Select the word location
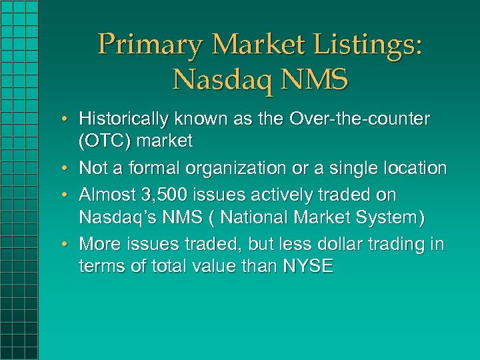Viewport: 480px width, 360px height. pyautogui.click(x=416, y=168)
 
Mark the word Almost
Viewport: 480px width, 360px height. pyautogui.click(x=107, y=195)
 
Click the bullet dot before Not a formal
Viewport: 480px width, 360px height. pyautogui.click(x=68, y=168)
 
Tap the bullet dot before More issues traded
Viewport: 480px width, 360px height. pyautogui.click(x=68, y=244)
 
